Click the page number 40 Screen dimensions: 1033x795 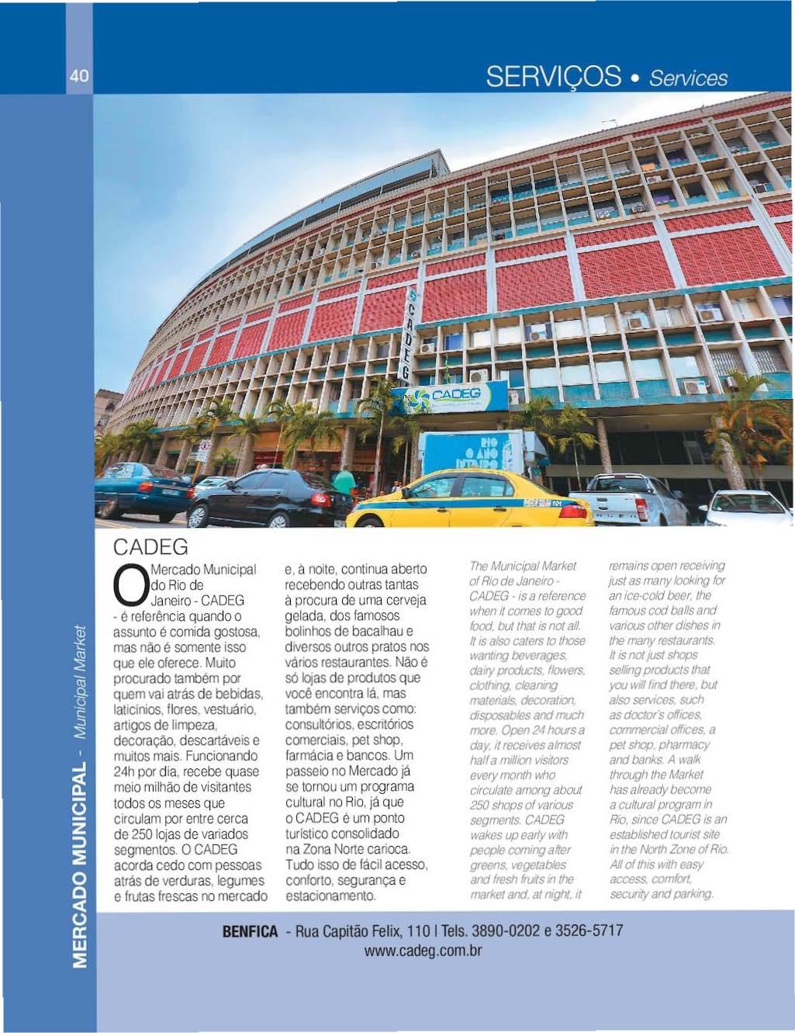coord(79,76)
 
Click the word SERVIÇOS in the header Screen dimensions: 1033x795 coord(553,77)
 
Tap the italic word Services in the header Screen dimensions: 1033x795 coord(689,78)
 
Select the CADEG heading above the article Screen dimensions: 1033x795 coord(150,546)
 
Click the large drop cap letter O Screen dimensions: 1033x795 coord(129,587)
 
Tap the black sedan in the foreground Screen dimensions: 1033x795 coord(268,498)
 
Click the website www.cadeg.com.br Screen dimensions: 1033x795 coord(423,951)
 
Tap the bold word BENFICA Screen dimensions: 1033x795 coord(249,931)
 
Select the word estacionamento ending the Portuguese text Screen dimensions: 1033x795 coord(330,896)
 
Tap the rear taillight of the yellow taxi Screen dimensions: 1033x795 coord(572,511)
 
